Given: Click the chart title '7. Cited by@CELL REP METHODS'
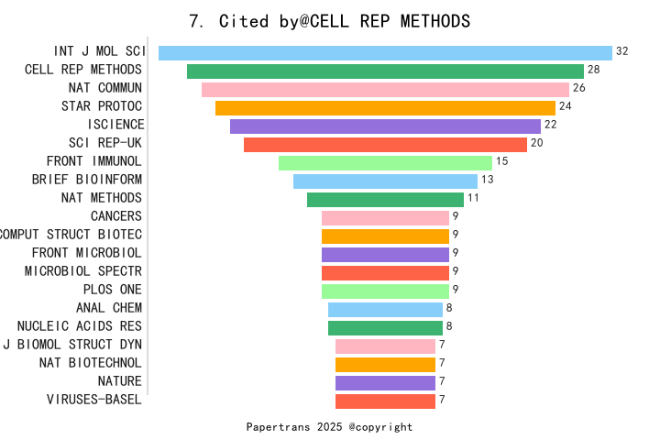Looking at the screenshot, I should [329, 21].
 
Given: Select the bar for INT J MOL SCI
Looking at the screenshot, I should [385, 53].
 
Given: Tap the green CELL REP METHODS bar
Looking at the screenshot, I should [385, 71].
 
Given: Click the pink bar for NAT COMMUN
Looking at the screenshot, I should [385, 90].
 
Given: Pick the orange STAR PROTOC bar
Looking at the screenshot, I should [385, 108].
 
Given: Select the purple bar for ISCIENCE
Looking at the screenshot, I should [385, 126].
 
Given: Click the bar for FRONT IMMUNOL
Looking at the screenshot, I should [385, 163].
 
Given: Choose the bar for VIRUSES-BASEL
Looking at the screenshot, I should [385, 401].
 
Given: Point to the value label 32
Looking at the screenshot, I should [622, 51].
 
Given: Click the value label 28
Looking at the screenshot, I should [594, 70].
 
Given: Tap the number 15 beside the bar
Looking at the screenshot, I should [501, 161].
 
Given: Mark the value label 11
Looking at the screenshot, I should [473, 198].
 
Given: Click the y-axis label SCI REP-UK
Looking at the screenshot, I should [105, 143].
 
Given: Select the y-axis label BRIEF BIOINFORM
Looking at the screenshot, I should [87, 180].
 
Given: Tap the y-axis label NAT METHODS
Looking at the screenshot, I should [102, 198].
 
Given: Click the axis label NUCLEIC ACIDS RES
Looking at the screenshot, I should [80, 326].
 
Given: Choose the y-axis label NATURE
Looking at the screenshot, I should [120, 381].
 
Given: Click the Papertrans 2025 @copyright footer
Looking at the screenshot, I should [329, 427].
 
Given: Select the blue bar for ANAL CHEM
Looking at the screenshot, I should [385, 310].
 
